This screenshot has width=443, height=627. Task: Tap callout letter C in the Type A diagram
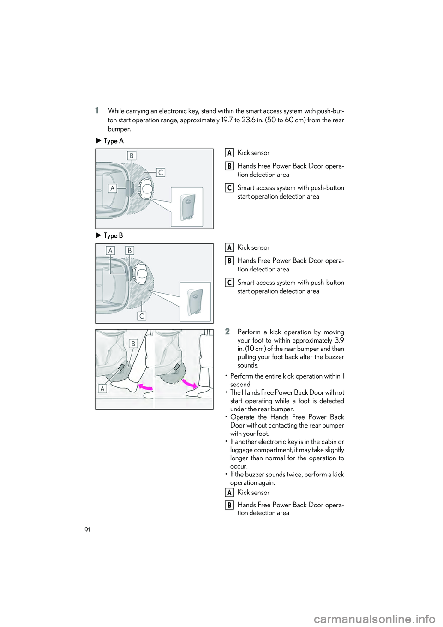(x=160, y=172)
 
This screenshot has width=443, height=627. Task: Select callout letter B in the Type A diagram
(x=132, y=156)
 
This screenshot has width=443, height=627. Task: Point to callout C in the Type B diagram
(x=142, y=316)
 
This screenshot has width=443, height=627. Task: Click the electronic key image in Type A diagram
(x=187, y=207)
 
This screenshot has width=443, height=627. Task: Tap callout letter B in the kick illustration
(x=133, y=343)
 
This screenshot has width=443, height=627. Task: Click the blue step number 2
(x=227, y=331)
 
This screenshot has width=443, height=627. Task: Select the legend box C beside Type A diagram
(x=229, y=187)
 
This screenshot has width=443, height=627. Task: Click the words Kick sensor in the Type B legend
(x=253, y=247)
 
